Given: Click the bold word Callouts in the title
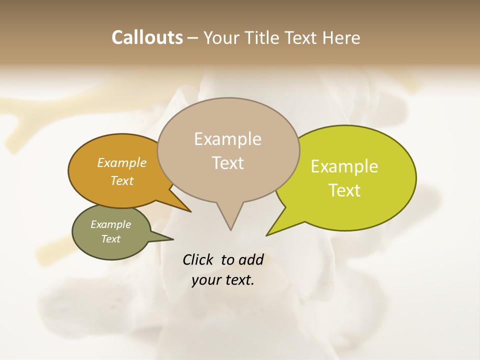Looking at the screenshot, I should [x=147, y=37].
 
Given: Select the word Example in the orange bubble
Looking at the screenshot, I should [x=122, y=162].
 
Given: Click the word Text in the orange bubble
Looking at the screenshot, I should [x=122, y=180].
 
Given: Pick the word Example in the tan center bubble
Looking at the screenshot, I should [x=227, y=139].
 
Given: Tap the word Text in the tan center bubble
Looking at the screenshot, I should [x=227, y=163].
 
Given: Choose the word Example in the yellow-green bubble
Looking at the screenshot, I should [x=344, y=166].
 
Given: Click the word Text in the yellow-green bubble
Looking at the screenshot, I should [x=344, y=190].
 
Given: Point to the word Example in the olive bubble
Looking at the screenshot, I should [x=111, y=224].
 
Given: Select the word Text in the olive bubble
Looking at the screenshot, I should [x=111, y=239].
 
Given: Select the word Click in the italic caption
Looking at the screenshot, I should [x=198, y=259].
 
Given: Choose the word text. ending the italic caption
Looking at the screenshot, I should [x=237, y=280].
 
